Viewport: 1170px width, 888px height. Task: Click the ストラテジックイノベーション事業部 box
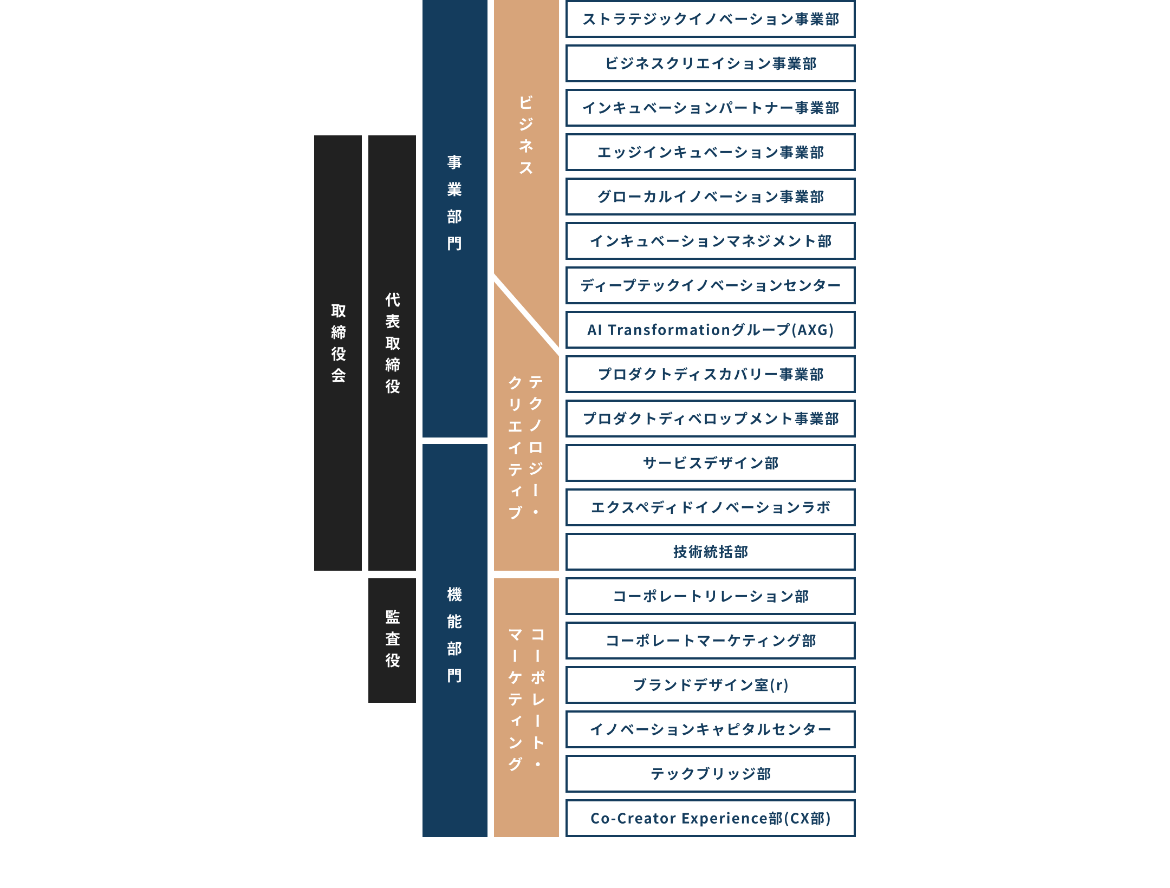pos(710,19)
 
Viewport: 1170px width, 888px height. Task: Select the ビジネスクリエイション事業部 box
pos(710,64)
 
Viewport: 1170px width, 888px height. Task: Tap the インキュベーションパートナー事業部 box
pos(710,108)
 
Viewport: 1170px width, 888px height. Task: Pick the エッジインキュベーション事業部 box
pos(710,153)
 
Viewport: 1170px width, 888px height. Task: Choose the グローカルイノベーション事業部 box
pos(710,197)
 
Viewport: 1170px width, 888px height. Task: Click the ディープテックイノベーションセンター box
pos(710,286)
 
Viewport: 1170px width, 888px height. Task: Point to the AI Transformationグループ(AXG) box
pos(710,330)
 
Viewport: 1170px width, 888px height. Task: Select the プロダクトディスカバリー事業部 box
pos(710,375)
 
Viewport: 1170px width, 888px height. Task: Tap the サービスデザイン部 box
pos(710,463)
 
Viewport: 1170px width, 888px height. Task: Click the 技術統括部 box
pos(710,552)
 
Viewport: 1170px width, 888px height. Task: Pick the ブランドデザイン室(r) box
pos(710,685)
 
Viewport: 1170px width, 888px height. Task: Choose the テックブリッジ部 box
pos(710,774)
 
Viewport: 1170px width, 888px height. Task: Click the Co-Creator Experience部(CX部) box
pos(710,819)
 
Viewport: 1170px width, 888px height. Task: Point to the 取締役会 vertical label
pos(338,343)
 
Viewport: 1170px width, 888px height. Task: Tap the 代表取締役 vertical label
pos(392,343)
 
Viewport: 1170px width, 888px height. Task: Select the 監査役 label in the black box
pos(392,639)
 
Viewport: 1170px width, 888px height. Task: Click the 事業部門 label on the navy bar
pos(454,203)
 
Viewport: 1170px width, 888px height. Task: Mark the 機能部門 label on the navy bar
pos(454,635)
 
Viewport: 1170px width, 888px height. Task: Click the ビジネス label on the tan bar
pos(526,135)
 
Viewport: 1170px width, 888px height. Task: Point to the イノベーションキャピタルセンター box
pos(710,730)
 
